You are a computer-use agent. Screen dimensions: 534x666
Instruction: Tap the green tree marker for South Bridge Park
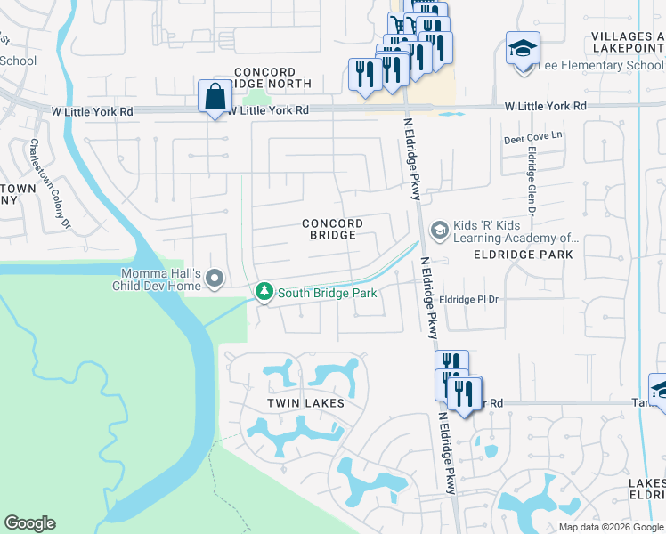coord(264,292)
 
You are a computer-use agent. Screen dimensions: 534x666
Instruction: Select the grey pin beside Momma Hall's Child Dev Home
coord(214,280)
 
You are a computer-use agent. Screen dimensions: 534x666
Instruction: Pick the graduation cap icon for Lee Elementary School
coord(523,49)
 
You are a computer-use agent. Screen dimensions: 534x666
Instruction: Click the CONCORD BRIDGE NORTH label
coord(272,77)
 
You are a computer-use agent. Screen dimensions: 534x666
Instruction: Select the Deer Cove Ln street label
coord(534,136)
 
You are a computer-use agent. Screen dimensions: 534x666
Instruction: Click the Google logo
coord(29,523)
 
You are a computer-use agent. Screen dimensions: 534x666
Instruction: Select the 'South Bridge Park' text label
coord(327,292)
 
